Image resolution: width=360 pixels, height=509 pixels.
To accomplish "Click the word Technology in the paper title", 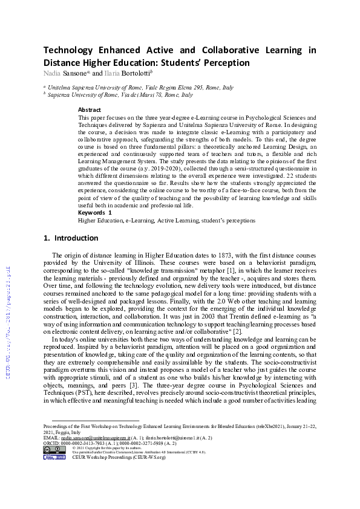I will [69, 50].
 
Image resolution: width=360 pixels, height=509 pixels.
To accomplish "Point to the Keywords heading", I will [93, 213].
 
